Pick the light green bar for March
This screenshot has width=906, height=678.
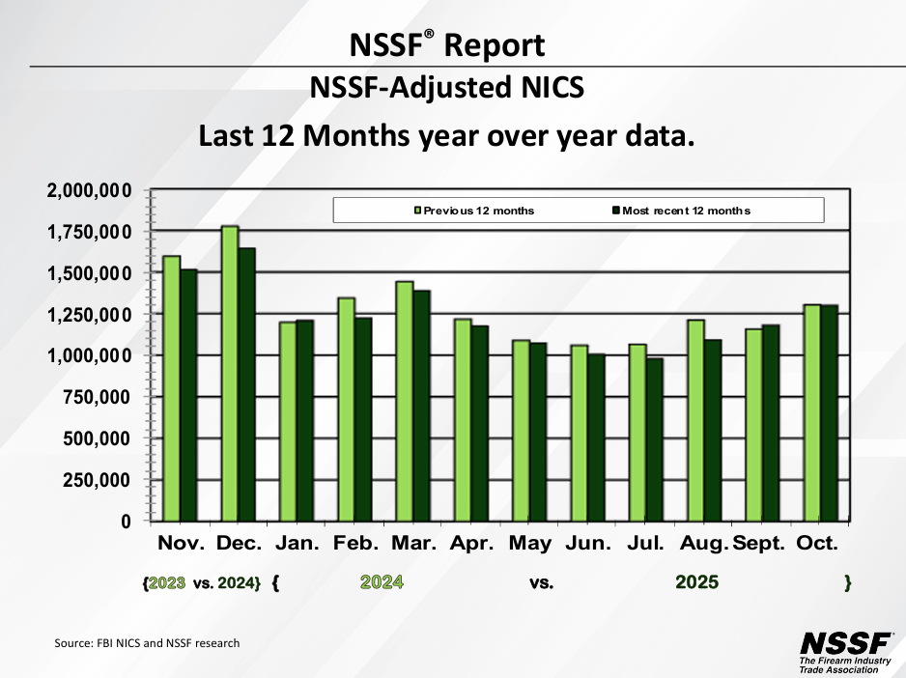405,401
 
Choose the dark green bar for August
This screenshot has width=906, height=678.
712,430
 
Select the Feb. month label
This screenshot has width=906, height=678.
355,544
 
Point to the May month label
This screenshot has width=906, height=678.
530,544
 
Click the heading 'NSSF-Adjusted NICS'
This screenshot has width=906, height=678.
447,89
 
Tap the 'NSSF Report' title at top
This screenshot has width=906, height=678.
447,45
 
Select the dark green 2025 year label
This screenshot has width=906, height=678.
696,582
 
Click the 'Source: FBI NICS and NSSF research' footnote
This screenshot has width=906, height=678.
147,643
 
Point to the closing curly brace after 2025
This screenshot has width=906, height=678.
847,582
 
